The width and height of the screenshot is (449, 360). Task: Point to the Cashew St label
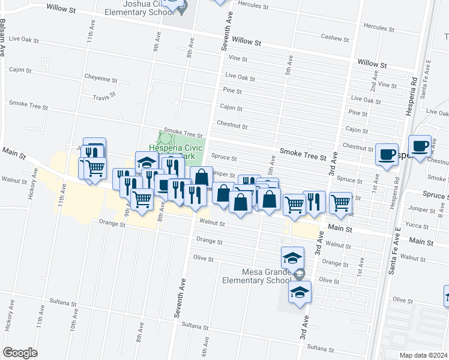pos(335,38)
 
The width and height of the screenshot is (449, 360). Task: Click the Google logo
pos(20,353)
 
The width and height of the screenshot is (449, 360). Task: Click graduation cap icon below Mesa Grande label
pos(299,293)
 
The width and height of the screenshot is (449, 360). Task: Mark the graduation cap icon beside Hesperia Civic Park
pos(146,162)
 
